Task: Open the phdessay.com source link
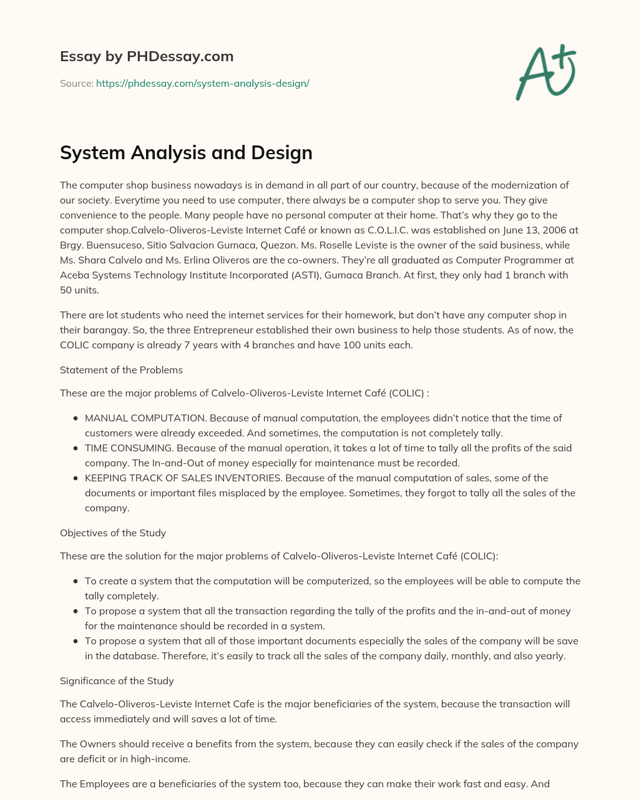click(x=202, y=83)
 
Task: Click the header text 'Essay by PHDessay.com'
click(x=147, y=56)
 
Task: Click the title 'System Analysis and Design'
click(x=186, y=152)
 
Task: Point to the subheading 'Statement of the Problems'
click(x=121, y=370)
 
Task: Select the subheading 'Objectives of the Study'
click(x=112, y=533)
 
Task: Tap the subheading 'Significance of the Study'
click(x=117, y=681)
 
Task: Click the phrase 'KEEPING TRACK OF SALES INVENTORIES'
click(x=183, y=478)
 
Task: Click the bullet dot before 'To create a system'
click(x=76, y=581)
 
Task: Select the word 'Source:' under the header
click(x=76, y=83)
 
